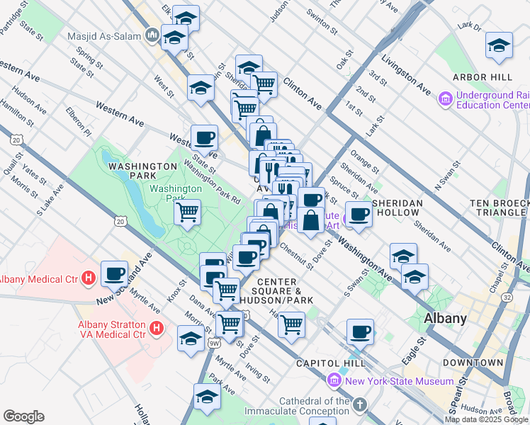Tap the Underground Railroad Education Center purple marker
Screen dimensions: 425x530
446,99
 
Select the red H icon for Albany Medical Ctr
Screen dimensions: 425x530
89,276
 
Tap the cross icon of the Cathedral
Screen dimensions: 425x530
360,406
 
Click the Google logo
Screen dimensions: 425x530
23,416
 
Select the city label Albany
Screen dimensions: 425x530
444,318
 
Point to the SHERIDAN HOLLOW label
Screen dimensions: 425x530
397,203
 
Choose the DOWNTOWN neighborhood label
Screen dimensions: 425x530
473,363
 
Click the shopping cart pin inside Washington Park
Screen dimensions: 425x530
187,211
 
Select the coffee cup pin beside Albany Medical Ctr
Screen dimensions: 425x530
114,273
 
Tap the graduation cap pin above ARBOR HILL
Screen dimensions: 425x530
499,45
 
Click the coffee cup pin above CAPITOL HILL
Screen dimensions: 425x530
360,331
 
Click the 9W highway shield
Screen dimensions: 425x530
215,344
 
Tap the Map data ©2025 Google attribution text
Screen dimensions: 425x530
485,419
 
